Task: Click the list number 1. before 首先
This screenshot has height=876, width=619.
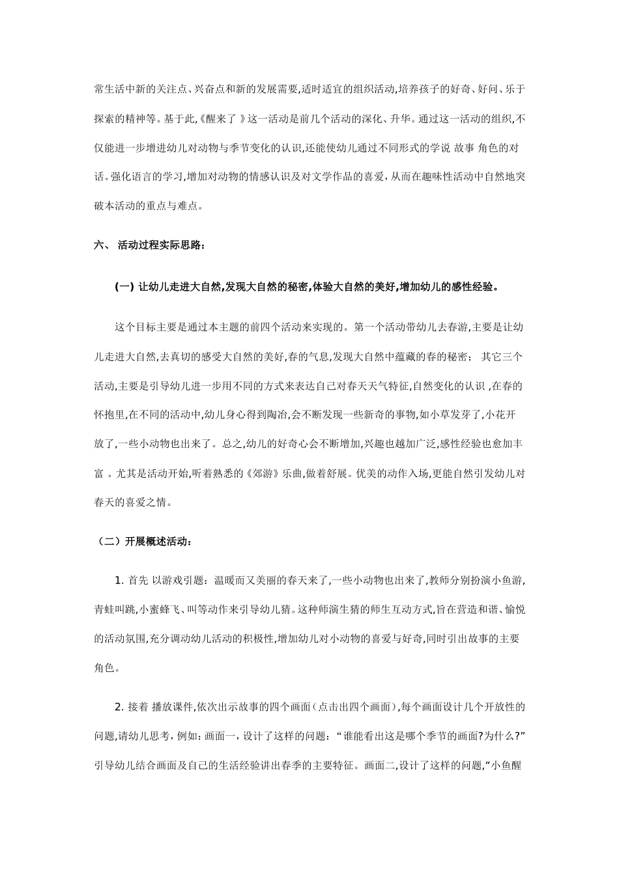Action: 119,580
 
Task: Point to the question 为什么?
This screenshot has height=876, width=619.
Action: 501,736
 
